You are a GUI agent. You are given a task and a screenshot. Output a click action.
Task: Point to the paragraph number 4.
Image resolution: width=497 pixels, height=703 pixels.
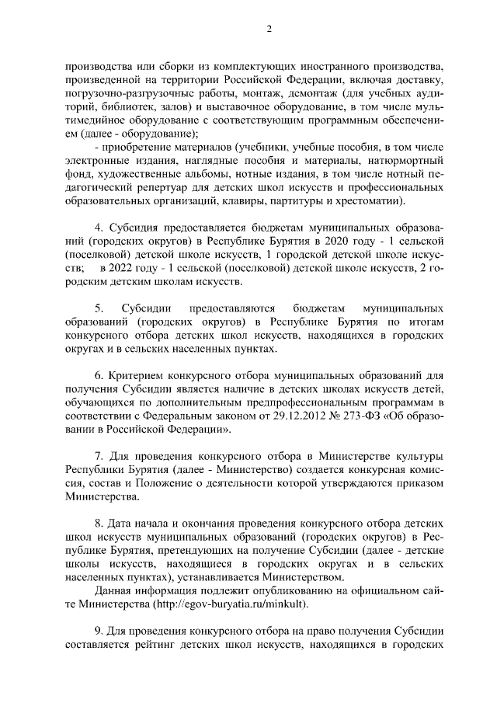click(x=98, y=228)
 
